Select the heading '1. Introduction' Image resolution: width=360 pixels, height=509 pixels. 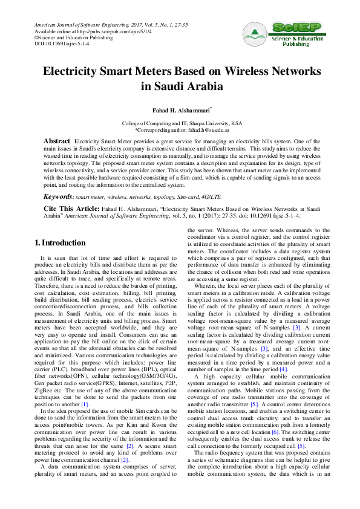[59, 243]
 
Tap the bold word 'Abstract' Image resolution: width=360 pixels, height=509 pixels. [57, 140]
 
